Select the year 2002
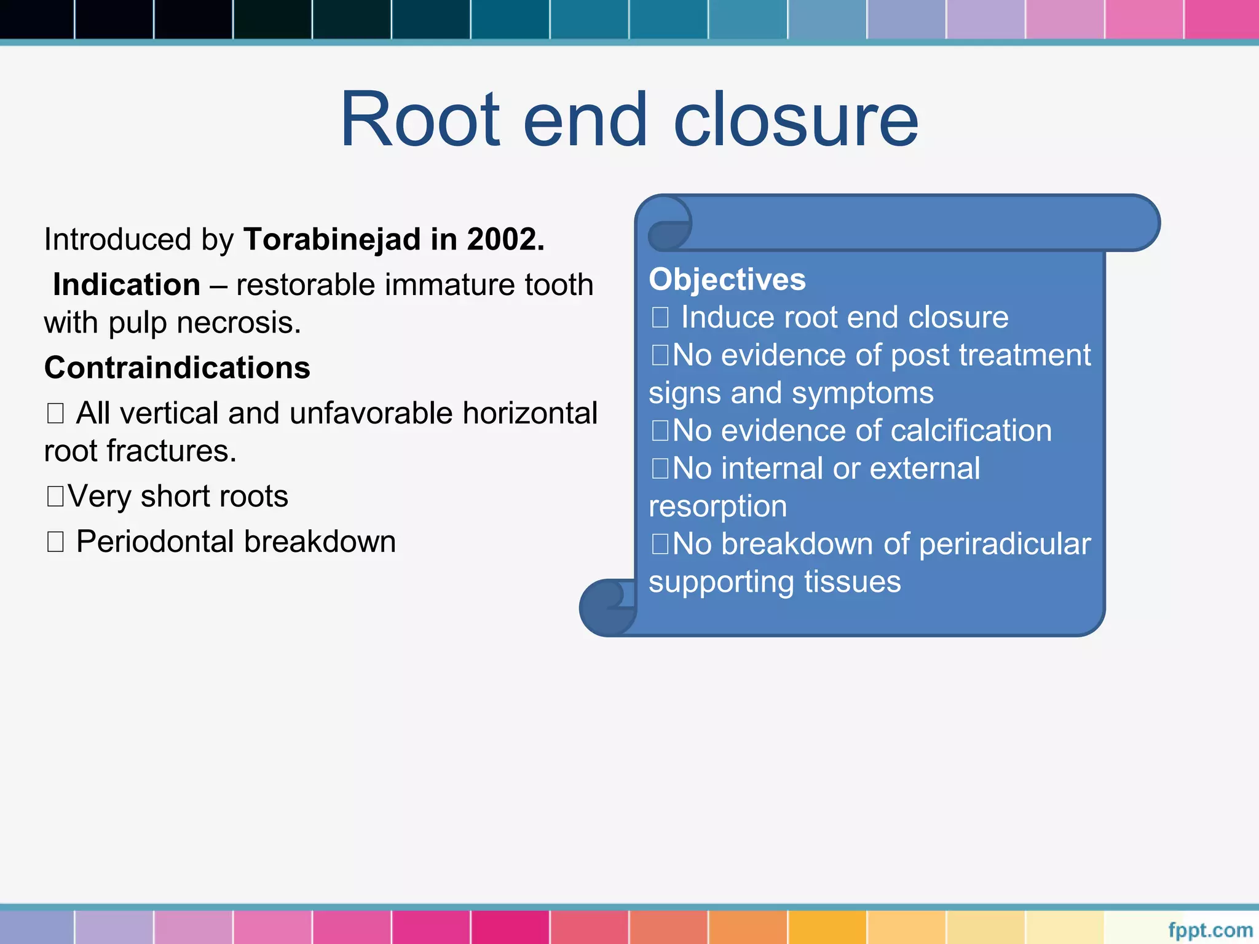504,239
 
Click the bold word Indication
127,285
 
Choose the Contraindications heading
177,368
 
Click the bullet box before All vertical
55,413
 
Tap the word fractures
172,451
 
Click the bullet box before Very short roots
55,496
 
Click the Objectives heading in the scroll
727,280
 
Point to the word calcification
971,430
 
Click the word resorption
717,506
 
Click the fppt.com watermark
1210,930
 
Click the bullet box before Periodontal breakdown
55,541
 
